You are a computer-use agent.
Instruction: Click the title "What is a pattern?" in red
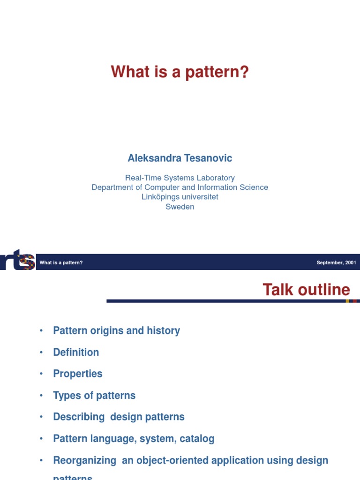pos(180,73)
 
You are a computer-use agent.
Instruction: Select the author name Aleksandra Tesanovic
pos(180,158)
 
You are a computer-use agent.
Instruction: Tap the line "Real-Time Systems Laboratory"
pos(180,178)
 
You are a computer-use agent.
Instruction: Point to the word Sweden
pos(180,207)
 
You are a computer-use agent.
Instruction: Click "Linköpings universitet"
pos(180,197)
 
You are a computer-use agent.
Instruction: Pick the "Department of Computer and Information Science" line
pos(180,187)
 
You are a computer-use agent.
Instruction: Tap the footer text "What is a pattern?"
pos(61,262)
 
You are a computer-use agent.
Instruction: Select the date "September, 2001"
pos(336,262)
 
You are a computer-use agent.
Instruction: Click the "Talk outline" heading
pos(306,290)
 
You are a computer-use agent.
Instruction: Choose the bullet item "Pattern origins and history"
pos(116,330)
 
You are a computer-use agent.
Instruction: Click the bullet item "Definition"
pos(76,352)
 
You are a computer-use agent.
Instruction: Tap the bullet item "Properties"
pos(77,374)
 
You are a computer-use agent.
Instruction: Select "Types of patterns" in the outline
pos(94,395)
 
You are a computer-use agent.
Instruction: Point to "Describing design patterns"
pos(119,417)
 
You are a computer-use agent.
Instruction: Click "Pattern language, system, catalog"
pos(134,439)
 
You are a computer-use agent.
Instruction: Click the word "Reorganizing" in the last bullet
pos(84,460)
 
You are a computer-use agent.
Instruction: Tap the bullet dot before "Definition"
pos(42,352)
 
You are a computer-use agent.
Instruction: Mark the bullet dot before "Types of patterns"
pos(42,396)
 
